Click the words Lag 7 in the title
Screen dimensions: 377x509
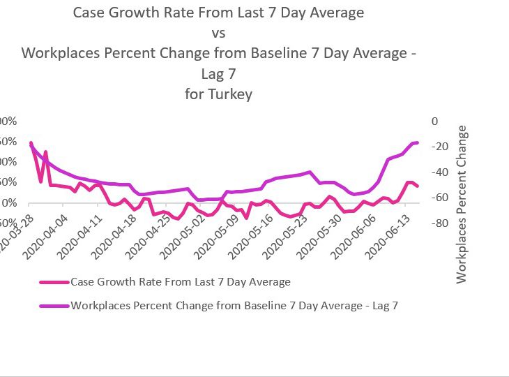[218, 73]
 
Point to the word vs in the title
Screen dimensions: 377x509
[218, 33]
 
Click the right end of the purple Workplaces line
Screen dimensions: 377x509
[417, 142]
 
